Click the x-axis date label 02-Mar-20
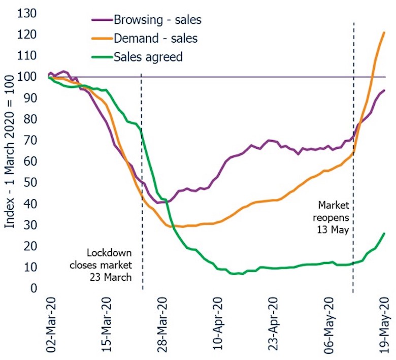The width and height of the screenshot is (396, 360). (50, 324)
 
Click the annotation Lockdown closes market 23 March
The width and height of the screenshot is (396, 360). (109, 264)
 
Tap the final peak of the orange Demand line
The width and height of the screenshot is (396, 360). (384, 32)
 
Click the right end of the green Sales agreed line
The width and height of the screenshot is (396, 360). (384, 234)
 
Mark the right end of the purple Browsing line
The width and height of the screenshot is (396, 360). (384, 90)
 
